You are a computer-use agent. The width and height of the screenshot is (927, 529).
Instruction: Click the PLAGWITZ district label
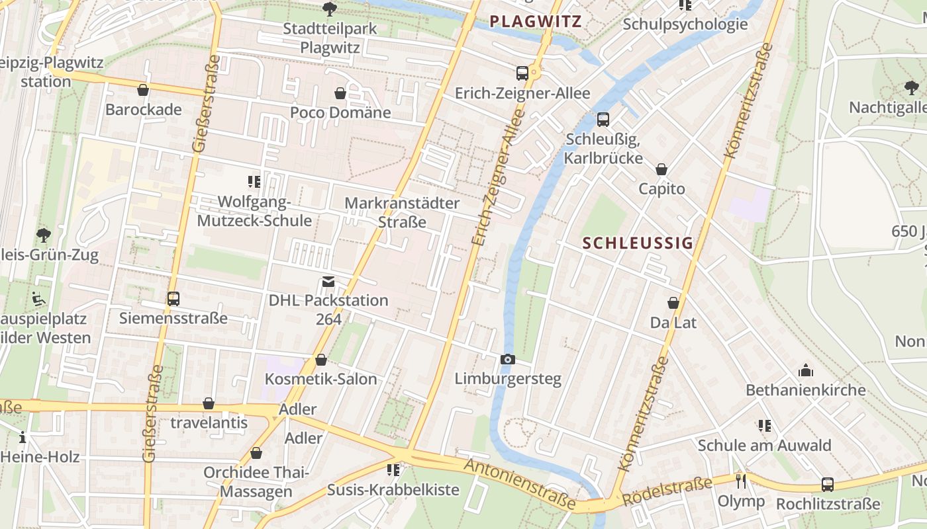[x=536, y=21]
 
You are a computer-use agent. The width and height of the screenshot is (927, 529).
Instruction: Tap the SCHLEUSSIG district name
[x=638, y=243]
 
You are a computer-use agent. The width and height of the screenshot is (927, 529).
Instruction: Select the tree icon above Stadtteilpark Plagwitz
[x=329, y=9]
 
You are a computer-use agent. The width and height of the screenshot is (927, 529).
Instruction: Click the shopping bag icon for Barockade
[x=143, y=90]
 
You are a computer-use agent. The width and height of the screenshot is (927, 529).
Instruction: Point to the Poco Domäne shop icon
[x=340, y=93]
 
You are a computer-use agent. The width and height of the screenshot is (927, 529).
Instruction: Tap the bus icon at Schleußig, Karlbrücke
[x=603, y=120]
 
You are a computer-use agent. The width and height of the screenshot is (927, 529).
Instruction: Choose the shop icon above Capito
[x=661, y=169]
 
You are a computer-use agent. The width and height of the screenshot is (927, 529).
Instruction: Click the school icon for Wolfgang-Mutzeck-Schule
[x=254, y=181]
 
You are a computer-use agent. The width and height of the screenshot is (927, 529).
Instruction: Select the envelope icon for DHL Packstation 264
[x=328, y=282]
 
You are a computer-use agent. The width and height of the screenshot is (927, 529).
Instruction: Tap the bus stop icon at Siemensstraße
[x=173, y=299]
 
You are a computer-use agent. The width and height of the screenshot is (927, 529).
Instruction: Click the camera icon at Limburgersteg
[x=507, y=359]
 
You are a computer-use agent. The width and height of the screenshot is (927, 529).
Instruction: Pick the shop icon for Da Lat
[x=673, y=303]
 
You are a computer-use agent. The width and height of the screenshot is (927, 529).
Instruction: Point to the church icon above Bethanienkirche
[x=805, y=370]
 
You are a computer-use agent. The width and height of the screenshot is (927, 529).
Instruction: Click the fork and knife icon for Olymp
[x=741, y=481]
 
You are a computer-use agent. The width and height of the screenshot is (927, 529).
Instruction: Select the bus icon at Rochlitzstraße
[x=828, y=484]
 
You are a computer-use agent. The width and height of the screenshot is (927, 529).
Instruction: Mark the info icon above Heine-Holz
[x=23, y=437]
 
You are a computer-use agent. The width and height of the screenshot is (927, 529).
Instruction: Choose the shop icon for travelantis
[x=209, y=403]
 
